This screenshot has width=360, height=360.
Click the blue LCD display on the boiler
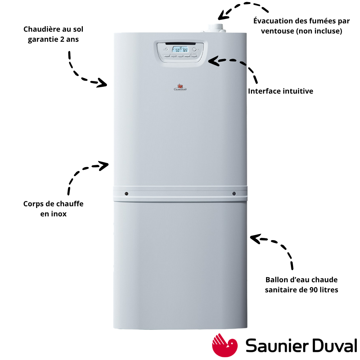[x=180, y=49]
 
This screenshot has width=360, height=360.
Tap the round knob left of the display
[x=166, y=49]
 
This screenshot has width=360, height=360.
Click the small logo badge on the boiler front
[x=180, y=87]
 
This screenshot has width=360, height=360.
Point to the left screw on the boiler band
[x=126, y=194]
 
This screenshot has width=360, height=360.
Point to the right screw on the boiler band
[x=234, y=194]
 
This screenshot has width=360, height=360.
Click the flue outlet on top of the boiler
[x=216, y=28]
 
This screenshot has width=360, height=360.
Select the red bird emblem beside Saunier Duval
[x=225, y=345]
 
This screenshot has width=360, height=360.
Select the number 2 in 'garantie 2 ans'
[x=62, y=39]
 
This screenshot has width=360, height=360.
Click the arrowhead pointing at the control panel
[x=213, y=61]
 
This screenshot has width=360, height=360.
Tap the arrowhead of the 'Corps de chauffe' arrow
[x=104, y=165]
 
